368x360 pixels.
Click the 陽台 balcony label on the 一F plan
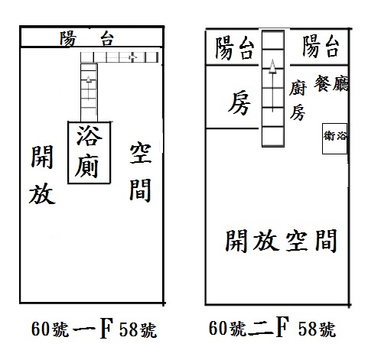(x=86, y=38)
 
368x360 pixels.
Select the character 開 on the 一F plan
(x=42, y=157)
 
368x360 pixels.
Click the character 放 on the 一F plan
(x=42, y=193)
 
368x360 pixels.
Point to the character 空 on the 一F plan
(x=141, y=154)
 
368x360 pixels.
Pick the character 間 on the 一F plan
(x=140, y=190)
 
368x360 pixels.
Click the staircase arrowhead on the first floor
(x=89, y=79)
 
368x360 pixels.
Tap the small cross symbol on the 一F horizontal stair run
(x=133, y=57)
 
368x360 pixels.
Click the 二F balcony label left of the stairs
(x=235, y=48)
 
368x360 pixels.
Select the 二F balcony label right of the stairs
(x=321, y=47)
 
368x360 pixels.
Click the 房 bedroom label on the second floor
(x=239, y=103)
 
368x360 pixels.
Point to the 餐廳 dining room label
(x=331, y=83)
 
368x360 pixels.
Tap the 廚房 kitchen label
(x=298, y=100)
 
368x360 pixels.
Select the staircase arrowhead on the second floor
(x=273, y=66)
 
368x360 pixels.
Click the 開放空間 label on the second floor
(x=282, y=240)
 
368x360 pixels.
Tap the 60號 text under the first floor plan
(x=50, y=329)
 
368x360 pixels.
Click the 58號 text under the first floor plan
(x=138, y=329)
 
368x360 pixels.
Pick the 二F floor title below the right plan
(x=269, y=327)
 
